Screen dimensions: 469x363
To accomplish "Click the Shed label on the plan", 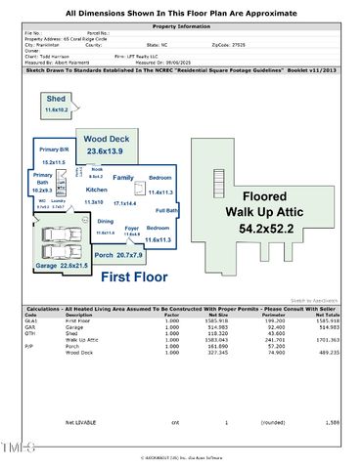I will pyautogui.click(x=57, y=100).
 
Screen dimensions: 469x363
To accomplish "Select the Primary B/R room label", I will pyautogui.click(x=53, y=149).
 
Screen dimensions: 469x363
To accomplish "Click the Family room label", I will pyautogui.click(x=123, y=178).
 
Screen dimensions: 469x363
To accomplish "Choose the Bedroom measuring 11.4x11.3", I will pyautogui.click(x=159, y=185).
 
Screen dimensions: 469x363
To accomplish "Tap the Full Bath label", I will pyautogui.click(x=166, y=210).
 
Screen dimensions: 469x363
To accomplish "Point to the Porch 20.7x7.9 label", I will pyautogui.click(x=126, y=255).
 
